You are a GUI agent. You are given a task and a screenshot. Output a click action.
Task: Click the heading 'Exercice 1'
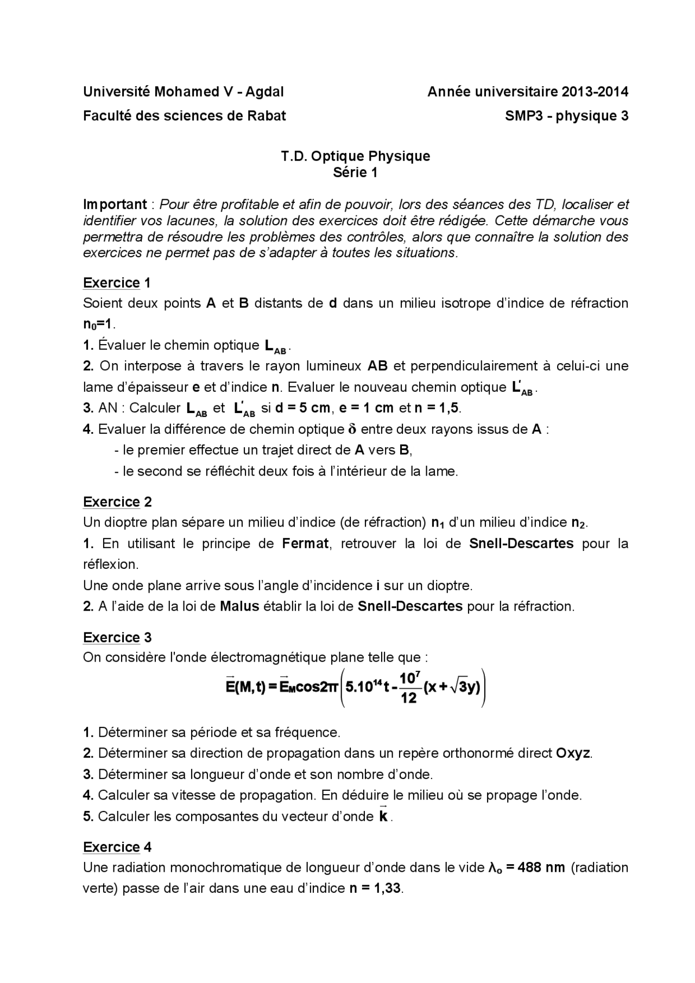point(117,283)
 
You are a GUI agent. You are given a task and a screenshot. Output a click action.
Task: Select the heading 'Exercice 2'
point(117,502)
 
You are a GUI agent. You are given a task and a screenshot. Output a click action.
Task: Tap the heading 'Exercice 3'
point(117,637)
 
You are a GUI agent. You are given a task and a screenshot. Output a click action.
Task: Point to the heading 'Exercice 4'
point(117,847)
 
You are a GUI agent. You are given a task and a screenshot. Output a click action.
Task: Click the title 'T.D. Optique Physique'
point(355,156)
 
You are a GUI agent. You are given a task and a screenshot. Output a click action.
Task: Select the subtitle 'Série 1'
point(355,173)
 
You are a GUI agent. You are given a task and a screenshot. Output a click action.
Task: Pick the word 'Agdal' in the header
point(264,92)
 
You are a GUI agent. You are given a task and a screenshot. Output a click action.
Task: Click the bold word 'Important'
point(115,205)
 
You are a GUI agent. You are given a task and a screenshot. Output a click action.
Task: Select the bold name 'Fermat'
point(305,543)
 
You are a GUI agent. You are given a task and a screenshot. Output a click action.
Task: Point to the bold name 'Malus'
point(239,606)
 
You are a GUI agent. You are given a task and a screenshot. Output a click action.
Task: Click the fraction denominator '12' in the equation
point(408,698)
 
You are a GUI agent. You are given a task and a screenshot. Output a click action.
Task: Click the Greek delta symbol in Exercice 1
point(352,429)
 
